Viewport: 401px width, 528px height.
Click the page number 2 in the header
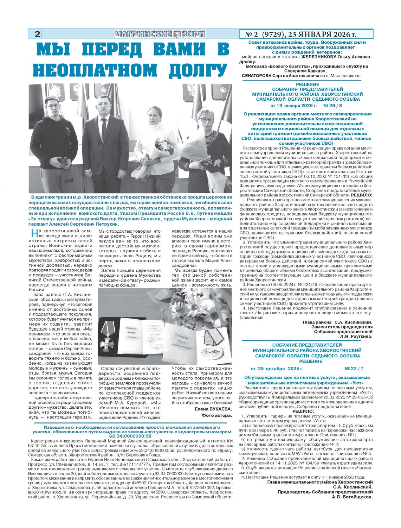click(37, 34)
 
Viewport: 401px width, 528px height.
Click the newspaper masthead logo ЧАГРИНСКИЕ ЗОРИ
click(160, 34)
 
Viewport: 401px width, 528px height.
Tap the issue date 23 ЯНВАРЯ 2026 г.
click(322, 34)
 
